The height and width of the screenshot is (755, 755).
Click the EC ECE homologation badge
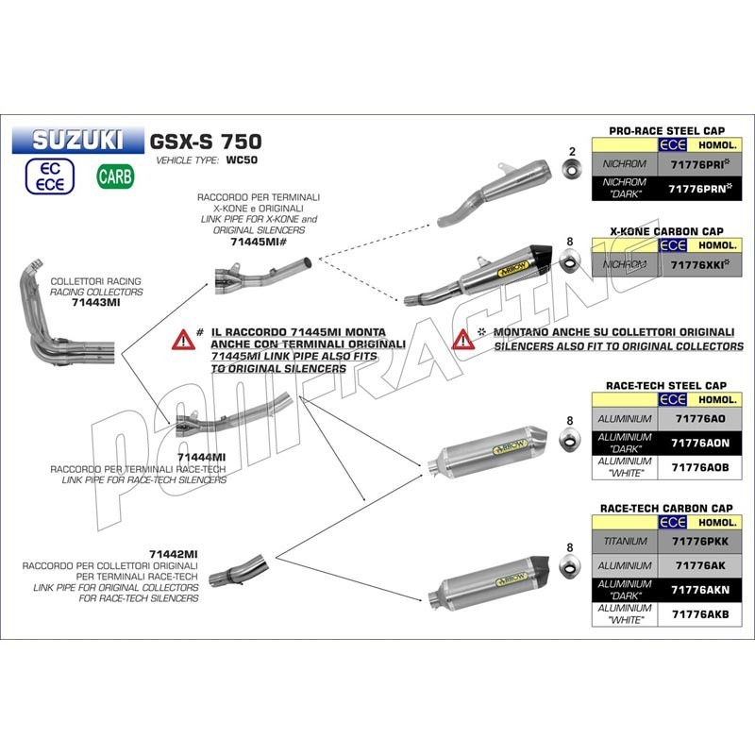[51, 176]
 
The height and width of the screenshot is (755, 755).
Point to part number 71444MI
[200, 457]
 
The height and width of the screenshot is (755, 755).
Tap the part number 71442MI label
[173, 553]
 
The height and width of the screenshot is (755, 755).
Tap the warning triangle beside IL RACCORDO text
[178, 340]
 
